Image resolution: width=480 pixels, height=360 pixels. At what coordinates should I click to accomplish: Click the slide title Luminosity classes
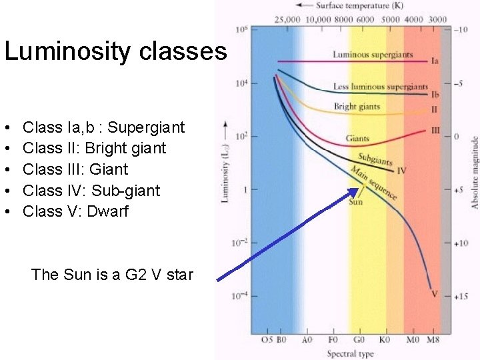[x=115, y=51]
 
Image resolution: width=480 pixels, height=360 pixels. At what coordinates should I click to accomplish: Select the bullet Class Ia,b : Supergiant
[x=103, y=127]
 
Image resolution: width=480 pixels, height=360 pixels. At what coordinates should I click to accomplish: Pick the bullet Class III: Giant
[x=75, y=169]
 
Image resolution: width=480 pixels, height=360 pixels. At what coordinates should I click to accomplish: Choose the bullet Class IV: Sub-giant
[x=91, y=191]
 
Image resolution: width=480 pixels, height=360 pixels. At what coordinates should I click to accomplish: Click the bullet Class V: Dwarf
[x=75, y=212]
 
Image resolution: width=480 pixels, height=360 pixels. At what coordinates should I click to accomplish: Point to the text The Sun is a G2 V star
[x=112, y=275]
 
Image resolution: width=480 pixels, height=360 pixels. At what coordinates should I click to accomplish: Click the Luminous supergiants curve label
[x=373, y=55]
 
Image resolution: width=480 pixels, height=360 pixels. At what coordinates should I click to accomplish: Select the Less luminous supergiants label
[x=380, y=87]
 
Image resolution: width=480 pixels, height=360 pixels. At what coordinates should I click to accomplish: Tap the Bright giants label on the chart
[x=357, y=107]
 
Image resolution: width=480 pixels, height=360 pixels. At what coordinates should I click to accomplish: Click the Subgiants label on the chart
[x=375, y=159]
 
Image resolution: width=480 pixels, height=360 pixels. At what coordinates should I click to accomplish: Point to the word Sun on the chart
[x=356, y=201]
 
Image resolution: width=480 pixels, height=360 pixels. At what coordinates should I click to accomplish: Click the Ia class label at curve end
[x=435, y=61]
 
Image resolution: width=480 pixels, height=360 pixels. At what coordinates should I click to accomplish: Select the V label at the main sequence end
[x=435, y=293]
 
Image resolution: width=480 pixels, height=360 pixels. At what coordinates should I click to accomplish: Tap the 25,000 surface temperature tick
[x=287, y=20]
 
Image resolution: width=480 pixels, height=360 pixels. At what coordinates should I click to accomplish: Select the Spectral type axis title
[x=351, y=353]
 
